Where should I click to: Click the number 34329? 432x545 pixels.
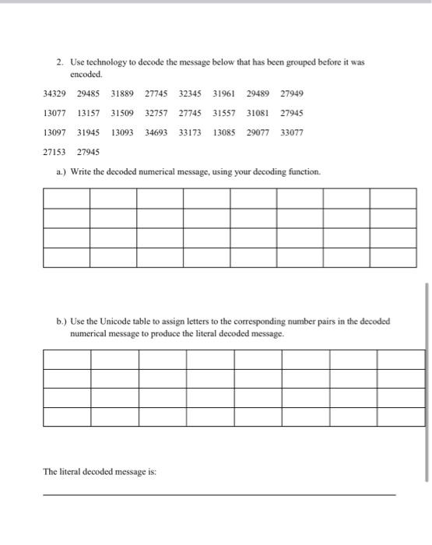tap(55, 93)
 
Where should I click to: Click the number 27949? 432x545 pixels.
tap(292, 93)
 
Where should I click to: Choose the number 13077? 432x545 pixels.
tap(55, 113)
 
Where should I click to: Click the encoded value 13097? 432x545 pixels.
tap(55, 132)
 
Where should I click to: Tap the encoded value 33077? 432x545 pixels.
tap(292, 132)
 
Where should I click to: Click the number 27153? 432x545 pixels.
tap(55, 152)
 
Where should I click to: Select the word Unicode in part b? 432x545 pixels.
tap(117, 321)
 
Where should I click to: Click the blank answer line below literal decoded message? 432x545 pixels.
tap(219, 493)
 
